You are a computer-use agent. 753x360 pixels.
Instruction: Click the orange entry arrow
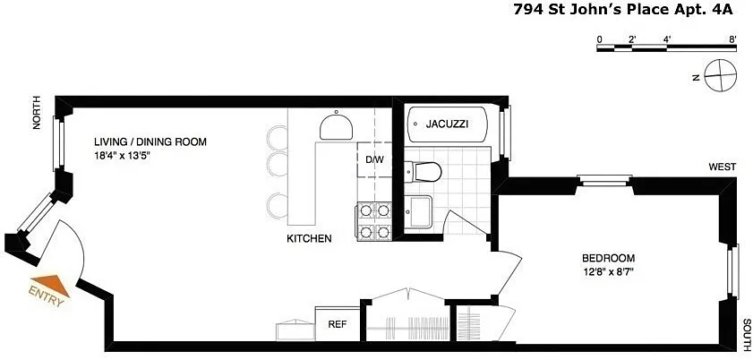point(51,285)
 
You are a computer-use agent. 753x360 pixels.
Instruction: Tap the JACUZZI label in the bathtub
point(447,124)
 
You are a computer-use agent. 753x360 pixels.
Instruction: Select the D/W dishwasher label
point(375,159)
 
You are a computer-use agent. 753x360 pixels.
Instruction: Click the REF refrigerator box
point(338,324)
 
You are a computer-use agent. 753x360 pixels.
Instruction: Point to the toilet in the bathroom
point(423,171)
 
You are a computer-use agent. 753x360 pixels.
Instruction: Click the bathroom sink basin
point(418,211)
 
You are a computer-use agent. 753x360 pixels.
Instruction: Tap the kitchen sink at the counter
point(336,126)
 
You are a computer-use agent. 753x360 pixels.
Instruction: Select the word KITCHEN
point(309,238)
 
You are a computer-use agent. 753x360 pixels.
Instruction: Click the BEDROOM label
point(608,258)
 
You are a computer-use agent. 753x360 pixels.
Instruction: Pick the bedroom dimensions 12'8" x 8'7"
point(607,271)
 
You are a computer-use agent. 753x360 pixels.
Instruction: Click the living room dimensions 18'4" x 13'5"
point(122,156)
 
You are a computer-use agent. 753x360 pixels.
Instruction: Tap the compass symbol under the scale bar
point(721,75)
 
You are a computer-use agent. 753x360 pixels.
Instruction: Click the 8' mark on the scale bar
point(732,39)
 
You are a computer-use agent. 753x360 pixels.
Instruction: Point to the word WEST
point(723,167)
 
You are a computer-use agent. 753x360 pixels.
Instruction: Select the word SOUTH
point(748,334)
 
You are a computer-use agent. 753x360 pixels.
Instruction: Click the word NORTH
point(37,113)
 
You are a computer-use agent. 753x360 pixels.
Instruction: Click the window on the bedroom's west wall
point(604,181)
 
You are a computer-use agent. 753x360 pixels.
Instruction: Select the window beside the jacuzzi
point(504,133)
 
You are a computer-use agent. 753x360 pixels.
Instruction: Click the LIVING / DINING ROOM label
point(150,142)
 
